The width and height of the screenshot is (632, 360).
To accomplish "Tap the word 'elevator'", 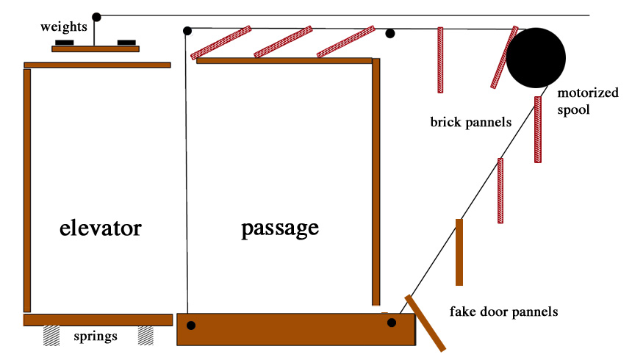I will [x=100, y=228].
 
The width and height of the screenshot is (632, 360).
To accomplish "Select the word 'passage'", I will [x=280, y=228].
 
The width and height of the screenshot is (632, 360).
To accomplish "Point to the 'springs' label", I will [x=96, y=337].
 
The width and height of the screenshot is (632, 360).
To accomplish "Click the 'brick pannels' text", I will [x=470, y=122].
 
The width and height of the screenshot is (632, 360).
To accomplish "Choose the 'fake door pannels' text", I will [x=503, y=312].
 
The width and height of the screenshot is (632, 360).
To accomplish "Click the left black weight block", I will [x=65, y=43].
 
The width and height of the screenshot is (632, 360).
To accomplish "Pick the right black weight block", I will [x=126, y=43].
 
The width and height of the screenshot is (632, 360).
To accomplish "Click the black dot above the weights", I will [x=96, y=16].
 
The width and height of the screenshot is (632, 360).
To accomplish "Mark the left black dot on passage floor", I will [x=191, y=325].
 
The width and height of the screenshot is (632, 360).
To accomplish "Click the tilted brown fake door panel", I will [x=425, y=323].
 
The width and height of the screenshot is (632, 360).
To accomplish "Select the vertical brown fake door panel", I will [x=459, y=252].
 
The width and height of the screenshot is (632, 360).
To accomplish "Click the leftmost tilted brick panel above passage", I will [x=221, y=43].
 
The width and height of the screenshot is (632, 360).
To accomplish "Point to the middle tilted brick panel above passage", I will [x=283, y=42].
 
